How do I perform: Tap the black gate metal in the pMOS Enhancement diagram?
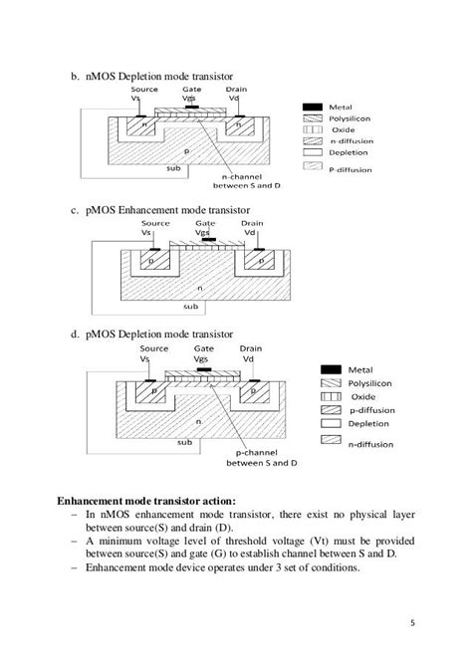click(x=209, y=240)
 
